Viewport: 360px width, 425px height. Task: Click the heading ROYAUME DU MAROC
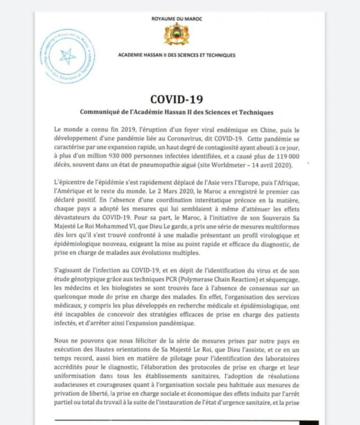(177, 19)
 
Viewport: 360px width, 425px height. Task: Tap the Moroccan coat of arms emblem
(177, 34)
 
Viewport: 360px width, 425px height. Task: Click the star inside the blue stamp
(67, 56)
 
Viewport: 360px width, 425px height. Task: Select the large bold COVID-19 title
(176, 99)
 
